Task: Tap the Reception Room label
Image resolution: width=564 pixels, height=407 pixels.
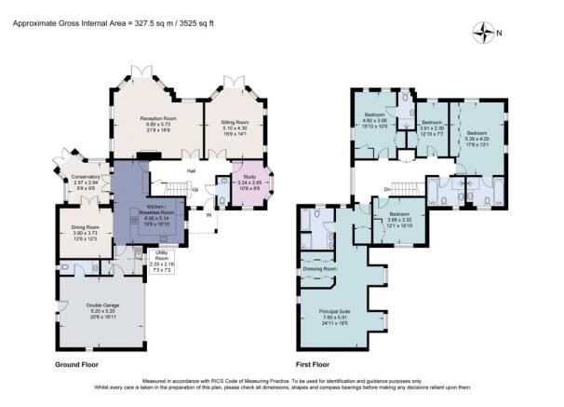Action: point(159,119)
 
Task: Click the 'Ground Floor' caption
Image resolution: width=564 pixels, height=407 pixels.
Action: point(77,364)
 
